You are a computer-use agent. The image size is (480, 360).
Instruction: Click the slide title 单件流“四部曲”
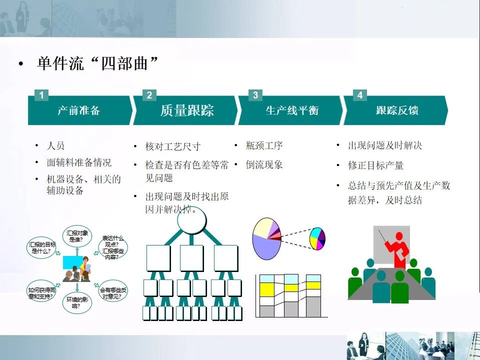point(98,64)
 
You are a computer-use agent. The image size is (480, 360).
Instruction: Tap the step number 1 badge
point(41,95)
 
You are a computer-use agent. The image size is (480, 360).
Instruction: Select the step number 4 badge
point(360,95)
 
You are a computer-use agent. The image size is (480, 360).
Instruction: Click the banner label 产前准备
point(78,110)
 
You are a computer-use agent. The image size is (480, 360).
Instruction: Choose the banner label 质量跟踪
point(187,110)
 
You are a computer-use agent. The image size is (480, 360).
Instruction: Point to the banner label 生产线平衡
point(291,110)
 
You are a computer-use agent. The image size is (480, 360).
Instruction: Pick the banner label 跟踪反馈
point(397,110)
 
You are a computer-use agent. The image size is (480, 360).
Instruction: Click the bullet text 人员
point(55,146)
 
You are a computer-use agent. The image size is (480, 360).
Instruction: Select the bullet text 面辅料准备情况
point(79,162)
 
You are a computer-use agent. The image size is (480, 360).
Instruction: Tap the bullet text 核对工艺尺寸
point(172,146)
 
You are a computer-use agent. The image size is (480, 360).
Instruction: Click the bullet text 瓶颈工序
point(264,146)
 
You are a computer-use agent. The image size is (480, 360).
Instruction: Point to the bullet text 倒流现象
point(264,164)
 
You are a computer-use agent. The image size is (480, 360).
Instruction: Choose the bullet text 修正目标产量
point(375,165)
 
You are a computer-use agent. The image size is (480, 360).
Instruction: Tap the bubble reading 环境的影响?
point(77,302)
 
